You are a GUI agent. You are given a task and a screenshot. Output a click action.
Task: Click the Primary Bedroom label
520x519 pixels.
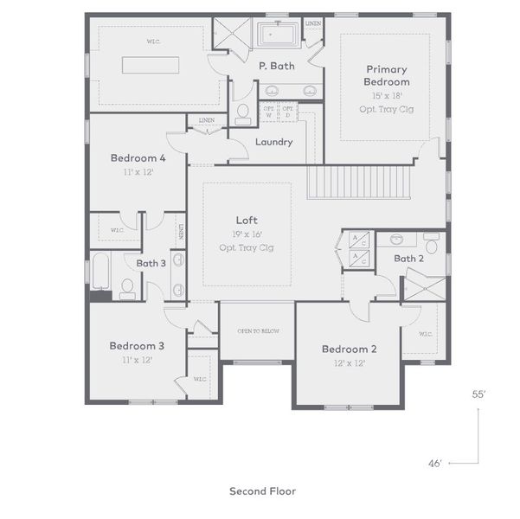387,75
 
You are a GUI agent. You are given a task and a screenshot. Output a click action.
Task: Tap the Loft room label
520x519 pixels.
247,221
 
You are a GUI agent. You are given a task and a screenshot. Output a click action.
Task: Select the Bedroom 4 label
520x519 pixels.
138,158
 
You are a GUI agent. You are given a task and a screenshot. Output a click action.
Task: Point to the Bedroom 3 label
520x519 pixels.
137,346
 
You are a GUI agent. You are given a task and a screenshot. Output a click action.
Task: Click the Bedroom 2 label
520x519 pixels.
350,349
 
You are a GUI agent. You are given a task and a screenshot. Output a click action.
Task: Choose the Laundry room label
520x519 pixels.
273,143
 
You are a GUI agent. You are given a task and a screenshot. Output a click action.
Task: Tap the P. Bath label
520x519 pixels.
276,66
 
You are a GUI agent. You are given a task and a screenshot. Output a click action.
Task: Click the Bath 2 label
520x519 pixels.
408,259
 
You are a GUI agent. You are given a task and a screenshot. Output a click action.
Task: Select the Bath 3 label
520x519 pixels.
151,263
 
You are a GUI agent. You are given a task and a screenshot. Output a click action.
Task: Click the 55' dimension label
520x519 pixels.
478,394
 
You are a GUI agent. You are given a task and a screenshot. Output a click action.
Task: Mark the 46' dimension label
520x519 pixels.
435,464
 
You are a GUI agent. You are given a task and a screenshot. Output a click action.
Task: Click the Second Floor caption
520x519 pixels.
262,491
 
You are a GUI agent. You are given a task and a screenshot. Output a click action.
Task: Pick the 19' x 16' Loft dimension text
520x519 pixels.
247,234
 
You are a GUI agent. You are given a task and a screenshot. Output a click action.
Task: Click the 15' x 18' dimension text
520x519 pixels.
387,95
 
